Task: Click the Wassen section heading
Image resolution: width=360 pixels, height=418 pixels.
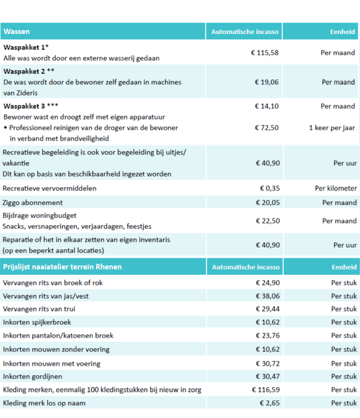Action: click(16, 31)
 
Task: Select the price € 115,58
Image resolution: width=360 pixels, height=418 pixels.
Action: click(264, 53)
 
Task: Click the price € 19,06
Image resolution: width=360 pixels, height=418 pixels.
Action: click(266, 83)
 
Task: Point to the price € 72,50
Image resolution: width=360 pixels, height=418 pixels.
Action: click(266, 128)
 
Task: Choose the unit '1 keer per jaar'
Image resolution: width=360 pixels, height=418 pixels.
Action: click(332, 128)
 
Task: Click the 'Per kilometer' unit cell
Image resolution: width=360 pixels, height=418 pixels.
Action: click(336, 188)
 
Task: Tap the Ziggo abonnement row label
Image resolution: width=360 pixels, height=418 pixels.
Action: click(34, 202)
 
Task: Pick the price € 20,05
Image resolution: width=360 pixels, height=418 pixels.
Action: click(266, 202)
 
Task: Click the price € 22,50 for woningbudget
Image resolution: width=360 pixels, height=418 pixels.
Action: click(266, 220)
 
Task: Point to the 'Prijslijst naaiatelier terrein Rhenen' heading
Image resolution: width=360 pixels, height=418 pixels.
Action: click(62, 267)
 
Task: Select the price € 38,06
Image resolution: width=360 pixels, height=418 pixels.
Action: click(266, 296)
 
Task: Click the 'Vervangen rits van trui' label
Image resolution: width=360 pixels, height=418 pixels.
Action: click(39, 309)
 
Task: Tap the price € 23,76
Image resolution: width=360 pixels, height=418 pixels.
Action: click(266, 335)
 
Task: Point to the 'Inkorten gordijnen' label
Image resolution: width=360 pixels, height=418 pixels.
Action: click(33, 376)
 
